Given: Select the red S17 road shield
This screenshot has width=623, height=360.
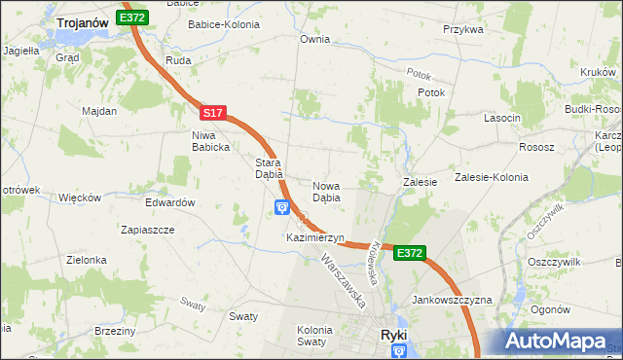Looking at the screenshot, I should tap(214, 114).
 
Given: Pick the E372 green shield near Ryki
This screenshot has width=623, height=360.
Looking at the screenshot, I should tap(410, 253).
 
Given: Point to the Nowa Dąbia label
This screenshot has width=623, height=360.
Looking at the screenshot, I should tap(326, 191).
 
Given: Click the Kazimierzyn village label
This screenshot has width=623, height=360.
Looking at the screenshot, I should tap(315, 237).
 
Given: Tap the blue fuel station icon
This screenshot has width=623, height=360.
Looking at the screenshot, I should tap(282, 206).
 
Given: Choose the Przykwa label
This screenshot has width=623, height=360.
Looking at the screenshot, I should tap(463, 30).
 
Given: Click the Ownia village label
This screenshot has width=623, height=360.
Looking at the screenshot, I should tap(314, 40).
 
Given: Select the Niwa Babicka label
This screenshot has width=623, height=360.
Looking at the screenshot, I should tap(210, 141).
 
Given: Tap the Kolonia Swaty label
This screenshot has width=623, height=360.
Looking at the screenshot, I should tap(314, 337).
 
